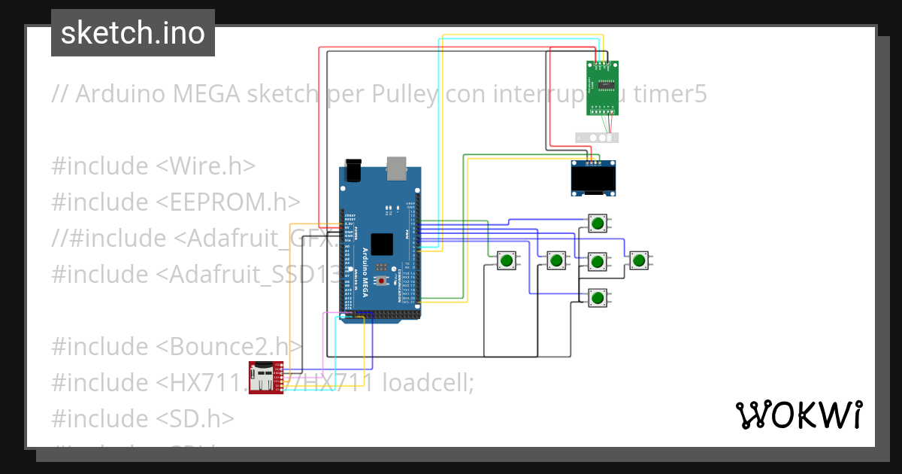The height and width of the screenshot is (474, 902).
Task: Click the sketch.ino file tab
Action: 132,33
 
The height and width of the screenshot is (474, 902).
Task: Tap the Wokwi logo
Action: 798,415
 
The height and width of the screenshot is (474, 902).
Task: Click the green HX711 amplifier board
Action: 602,87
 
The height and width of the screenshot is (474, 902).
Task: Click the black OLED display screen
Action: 593,180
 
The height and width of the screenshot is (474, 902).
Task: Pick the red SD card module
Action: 265,377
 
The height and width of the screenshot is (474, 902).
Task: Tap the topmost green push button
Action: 598,223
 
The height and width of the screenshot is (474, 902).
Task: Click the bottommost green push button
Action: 598,299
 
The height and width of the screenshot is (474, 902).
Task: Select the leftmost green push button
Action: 507,261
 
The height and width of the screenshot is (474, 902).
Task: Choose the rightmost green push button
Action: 639,261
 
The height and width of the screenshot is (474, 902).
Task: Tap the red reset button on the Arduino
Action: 382,281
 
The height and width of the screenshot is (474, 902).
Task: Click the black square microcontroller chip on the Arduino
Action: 382,245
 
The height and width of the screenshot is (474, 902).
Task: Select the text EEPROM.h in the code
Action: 236,202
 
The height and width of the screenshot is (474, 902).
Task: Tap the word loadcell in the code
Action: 425,383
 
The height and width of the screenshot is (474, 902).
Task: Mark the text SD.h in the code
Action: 203,418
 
